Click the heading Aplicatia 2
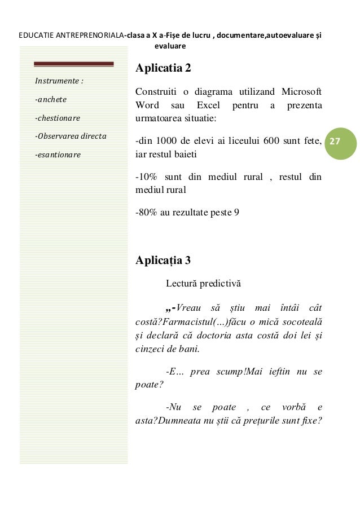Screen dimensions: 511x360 tap(163, 69)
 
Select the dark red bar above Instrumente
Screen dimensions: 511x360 tap(73, 64)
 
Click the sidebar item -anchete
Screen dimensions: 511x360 tap(51, 100)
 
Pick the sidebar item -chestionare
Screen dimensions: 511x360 tap(58, 118)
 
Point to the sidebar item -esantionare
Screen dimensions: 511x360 tap(58, 154)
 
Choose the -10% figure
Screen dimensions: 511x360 tap(148, 177)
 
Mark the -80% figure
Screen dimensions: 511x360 tap(148, 213)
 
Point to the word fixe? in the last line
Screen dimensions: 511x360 tap(310, 420)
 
